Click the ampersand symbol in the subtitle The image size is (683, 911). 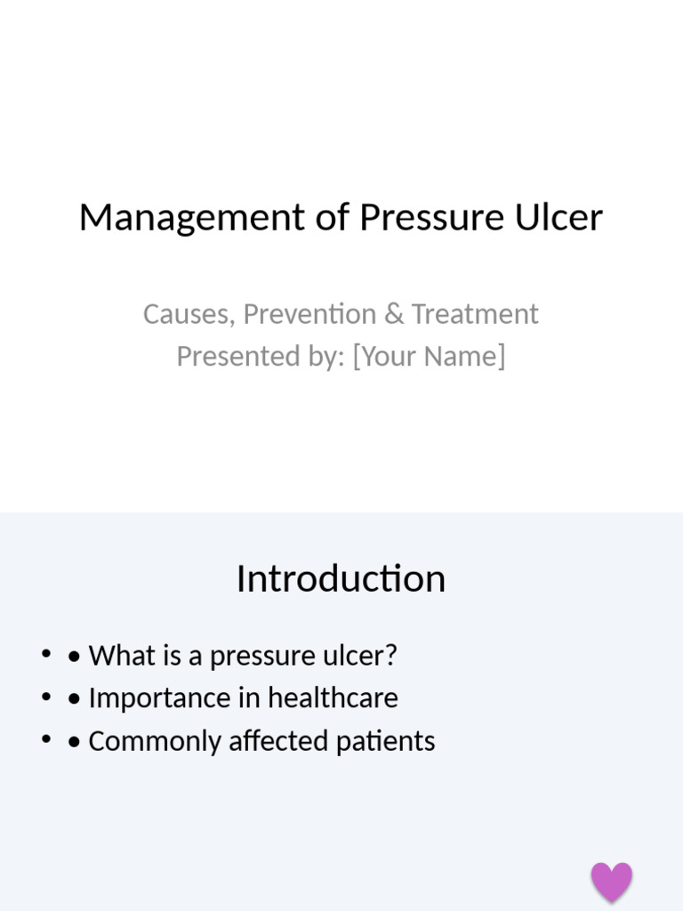point(394,314)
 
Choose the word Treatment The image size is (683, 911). point(475,314)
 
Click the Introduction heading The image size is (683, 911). point(341,579)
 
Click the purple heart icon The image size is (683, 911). point(612,882)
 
